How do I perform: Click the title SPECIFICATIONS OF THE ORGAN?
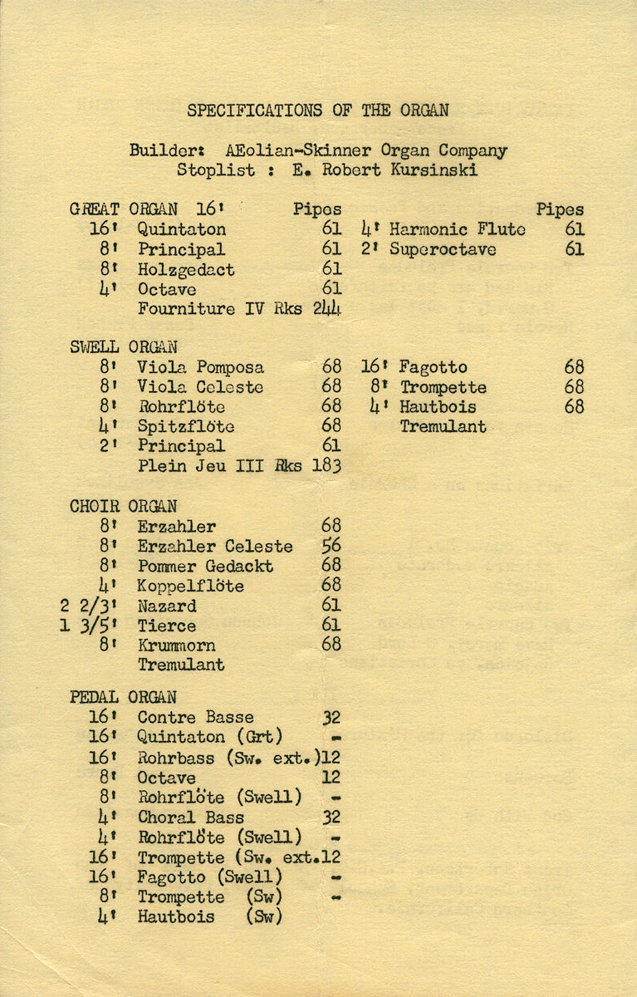pyautogui.click(x=318, y=110)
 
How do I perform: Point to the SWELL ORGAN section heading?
pyautogui.click(x=123, y=347)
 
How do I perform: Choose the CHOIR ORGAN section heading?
pyautogui.click(x=123, y=506)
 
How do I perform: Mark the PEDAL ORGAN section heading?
pyautogui.click(x=123, y=698)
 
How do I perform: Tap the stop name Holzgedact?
pyautogui.click(x=186, y=269)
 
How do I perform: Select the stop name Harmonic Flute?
pyautogui.click(x=457, y=229)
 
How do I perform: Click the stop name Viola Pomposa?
pyautogui.click(x=200, y=367)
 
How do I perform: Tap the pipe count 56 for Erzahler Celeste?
pyautogui.click(x=331, y=546)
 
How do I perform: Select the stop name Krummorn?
pyautogui.click(x=176, y=646)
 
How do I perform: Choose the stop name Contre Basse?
pyautogui.click(x=195, y=717)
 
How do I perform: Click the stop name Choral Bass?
pyautogui.click(x=191, y=818)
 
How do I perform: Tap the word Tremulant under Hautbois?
pyautogui.click(x=443, y=427)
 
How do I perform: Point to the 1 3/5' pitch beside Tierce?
pyautogui.click(x=87, y=626)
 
